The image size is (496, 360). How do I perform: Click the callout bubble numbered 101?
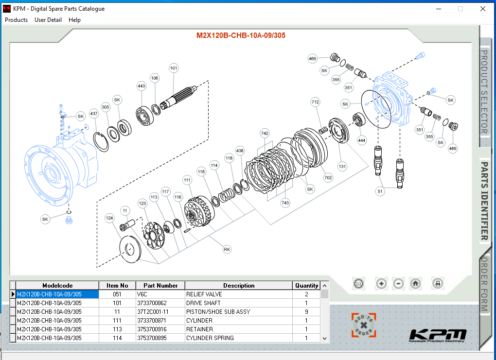(x=174, y=69)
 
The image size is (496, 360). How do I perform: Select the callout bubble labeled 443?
(x=142, y=86)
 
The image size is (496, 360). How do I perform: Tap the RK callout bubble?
(x=227, y=249)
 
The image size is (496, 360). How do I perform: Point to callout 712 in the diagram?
(x=316, y=102)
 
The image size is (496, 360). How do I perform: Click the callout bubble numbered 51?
(x=380, y=191)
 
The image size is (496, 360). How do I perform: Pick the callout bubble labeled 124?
(x=109, y=218)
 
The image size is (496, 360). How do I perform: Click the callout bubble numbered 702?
(x=328, y=178)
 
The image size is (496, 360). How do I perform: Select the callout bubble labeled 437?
(x=93, y=114)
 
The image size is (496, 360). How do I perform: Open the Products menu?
(x=16, y=20)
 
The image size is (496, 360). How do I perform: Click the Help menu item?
(x=74, y=20)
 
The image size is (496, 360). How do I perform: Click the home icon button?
(x=415, y=283)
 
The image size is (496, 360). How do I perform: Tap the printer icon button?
(x=438, y=283)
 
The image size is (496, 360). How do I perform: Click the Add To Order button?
(x=364, y=325)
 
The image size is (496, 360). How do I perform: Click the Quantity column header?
(x=306, y=286)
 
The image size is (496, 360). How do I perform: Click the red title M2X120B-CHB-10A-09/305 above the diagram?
(x=241, y=35)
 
